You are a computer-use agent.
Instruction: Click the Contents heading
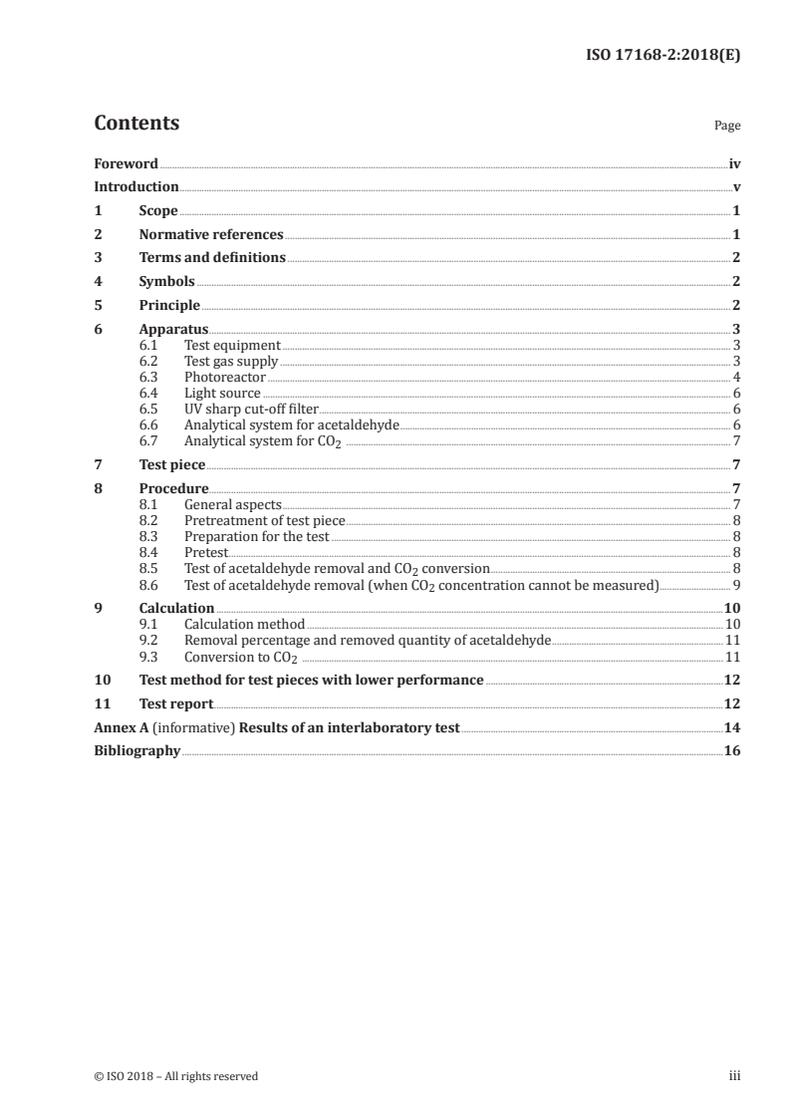coord(136,124)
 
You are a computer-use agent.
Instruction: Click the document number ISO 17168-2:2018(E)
coord(660,56)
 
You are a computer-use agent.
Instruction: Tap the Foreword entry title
coord(126,163)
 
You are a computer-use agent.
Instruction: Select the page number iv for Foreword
coord(734,163)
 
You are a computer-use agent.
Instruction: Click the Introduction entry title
coord(135,187)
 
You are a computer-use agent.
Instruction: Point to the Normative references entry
coord(211,235)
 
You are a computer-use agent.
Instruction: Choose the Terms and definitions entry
coord(212,258)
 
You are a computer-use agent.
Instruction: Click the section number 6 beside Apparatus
coord(98,329)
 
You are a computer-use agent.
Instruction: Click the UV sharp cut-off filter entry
coord(251,409)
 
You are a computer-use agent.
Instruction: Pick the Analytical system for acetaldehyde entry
coord(291,424)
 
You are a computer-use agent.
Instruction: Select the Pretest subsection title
coord(206,552)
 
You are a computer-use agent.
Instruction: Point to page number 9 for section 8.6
coord(736,584)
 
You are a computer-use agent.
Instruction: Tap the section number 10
coord(101,681)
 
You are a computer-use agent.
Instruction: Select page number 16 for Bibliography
coord(732,751)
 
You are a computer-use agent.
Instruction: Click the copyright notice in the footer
coord(176,1076)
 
